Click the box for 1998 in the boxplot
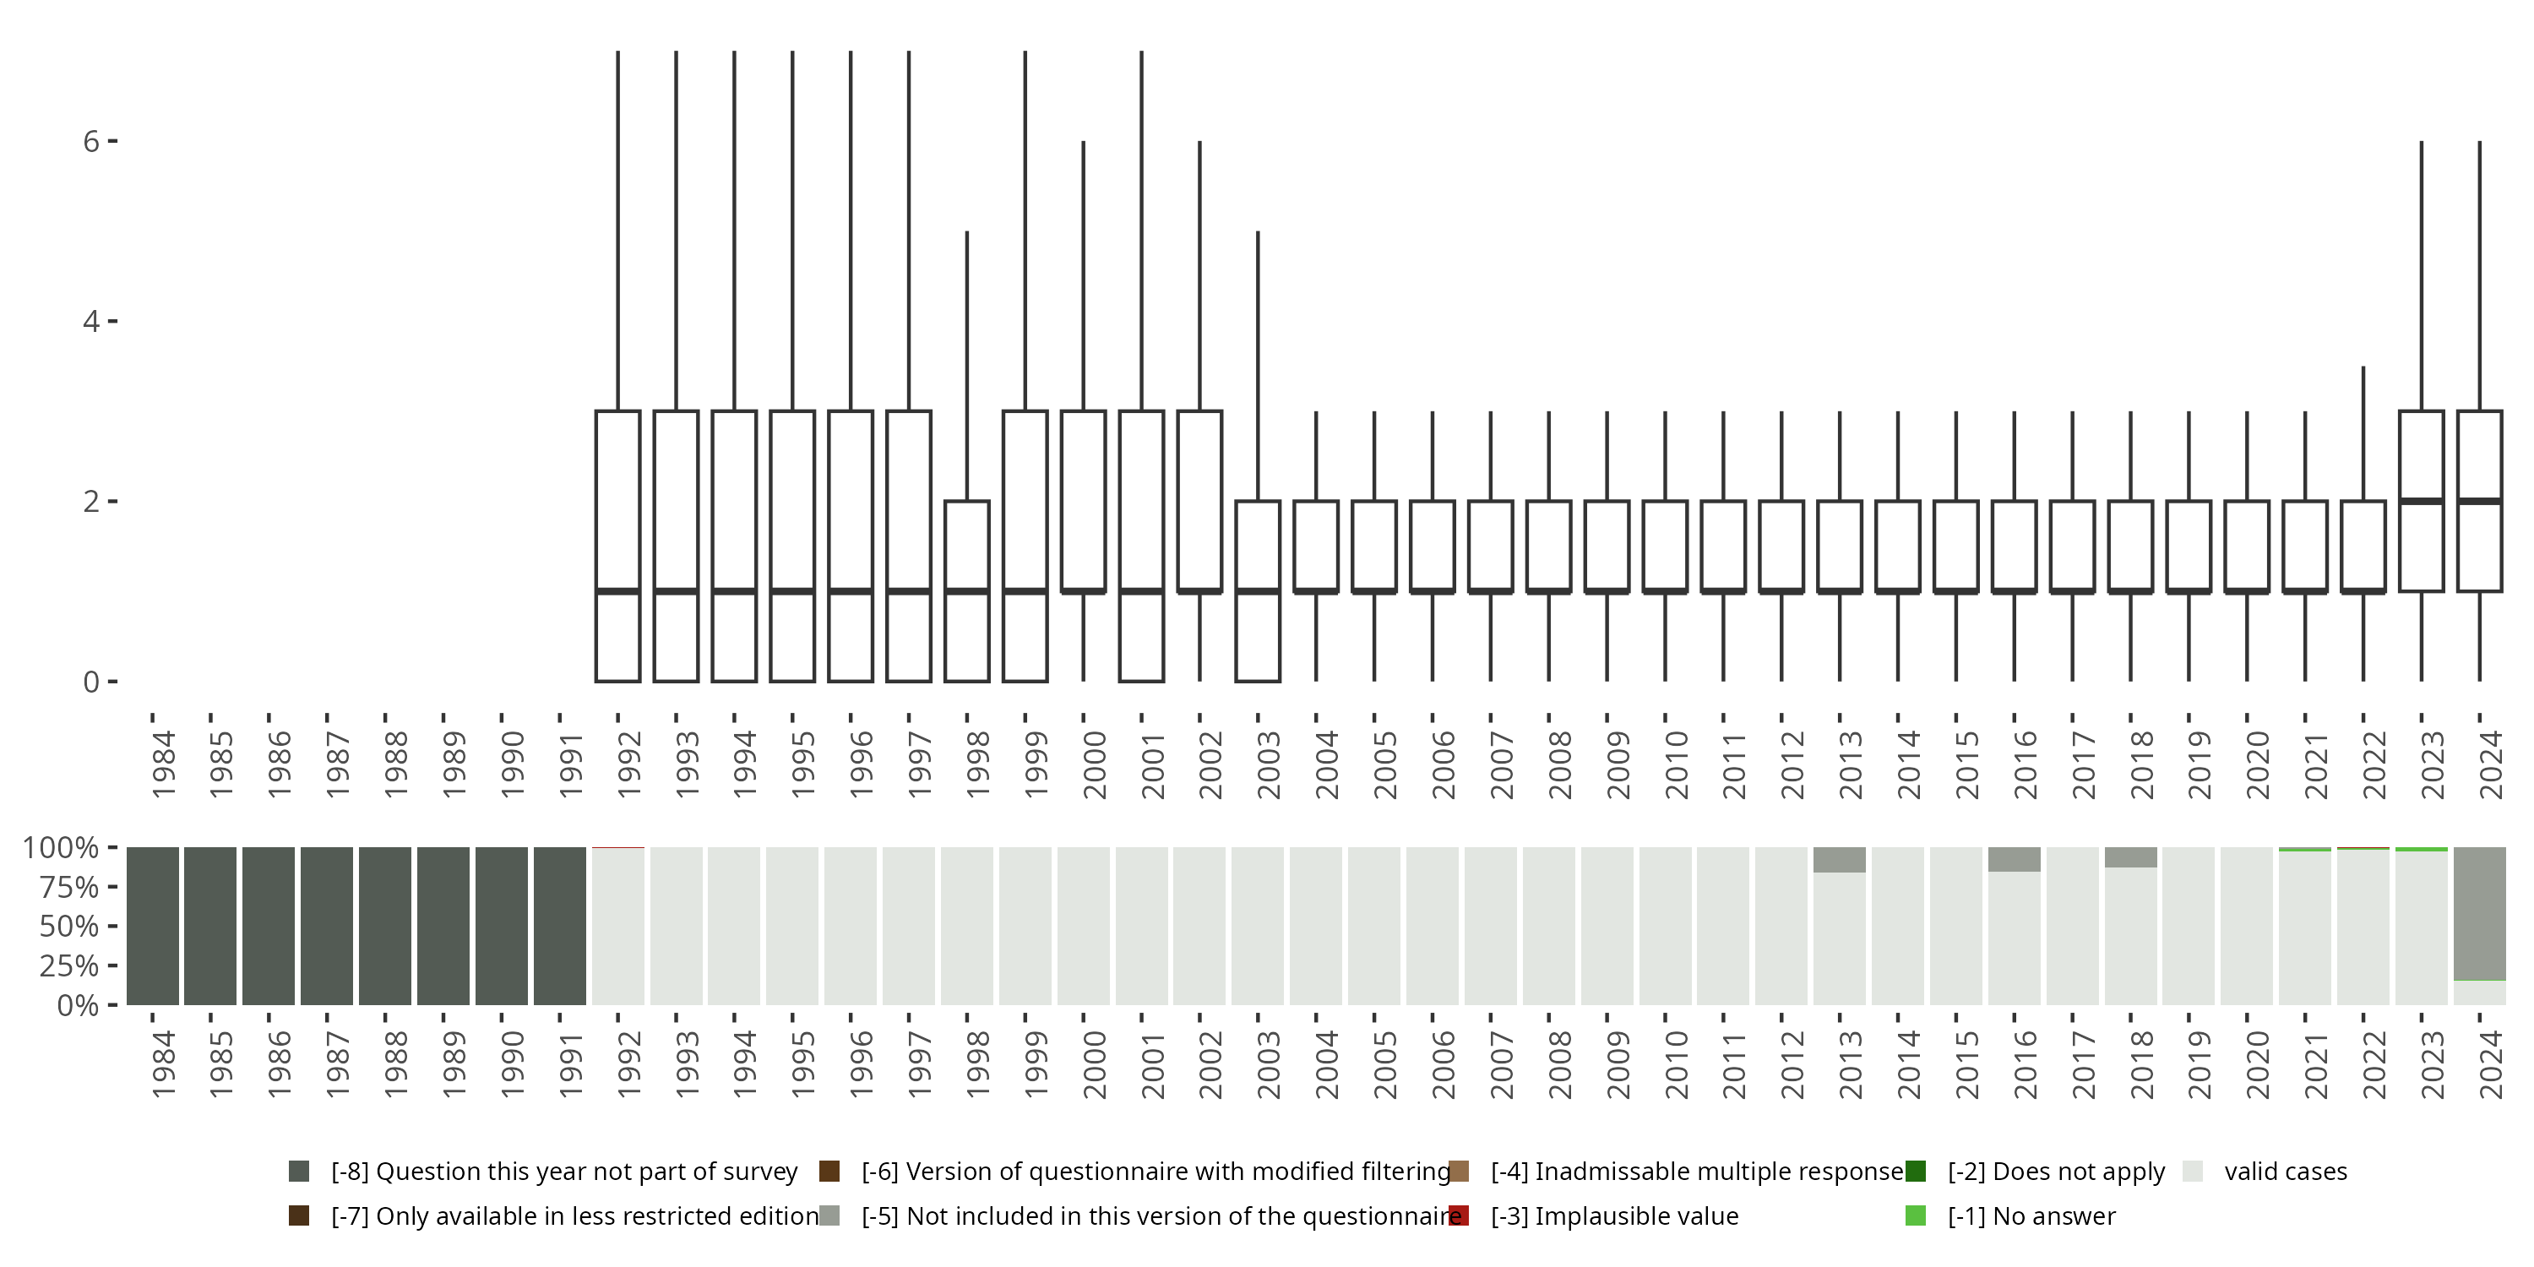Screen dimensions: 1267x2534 click(967, 590)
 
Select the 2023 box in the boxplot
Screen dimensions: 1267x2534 click(2421, 501)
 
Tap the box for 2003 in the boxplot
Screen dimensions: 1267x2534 click(1257, 590)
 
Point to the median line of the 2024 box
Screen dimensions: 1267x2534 click(2479, 502)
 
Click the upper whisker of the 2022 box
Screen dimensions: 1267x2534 click(2363, 432)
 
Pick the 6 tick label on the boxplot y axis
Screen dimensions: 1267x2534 click(91, 142)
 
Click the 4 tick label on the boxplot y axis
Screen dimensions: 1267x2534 click(91, 322)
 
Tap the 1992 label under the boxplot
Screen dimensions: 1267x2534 click(629, 764)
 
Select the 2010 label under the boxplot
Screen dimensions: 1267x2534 click(1676, 764)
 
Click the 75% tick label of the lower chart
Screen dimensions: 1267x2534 click(69, 887)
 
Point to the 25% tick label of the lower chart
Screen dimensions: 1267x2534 click(69, 966)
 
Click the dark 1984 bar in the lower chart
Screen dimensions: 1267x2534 click(153, 926)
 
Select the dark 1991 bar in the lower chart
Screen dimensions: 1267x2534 click(560, 926)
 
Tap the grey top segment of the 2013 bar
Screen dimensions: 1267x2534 click(1840, 860)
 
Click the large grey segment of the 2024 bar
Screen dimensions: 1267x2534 click(2479, 913)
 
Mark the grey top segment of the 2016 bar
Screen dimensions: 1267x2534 click(2014, 859)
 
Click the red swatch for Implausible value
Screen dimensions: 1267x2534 click(1459, 1215)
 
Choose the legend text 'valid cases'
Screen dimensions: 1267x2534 click(2285, 1172)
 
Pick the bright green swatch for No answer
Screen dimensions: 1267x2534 click(1915, 1215)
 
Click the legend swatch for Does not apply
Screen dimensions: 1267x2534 click(1915, 1172)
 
